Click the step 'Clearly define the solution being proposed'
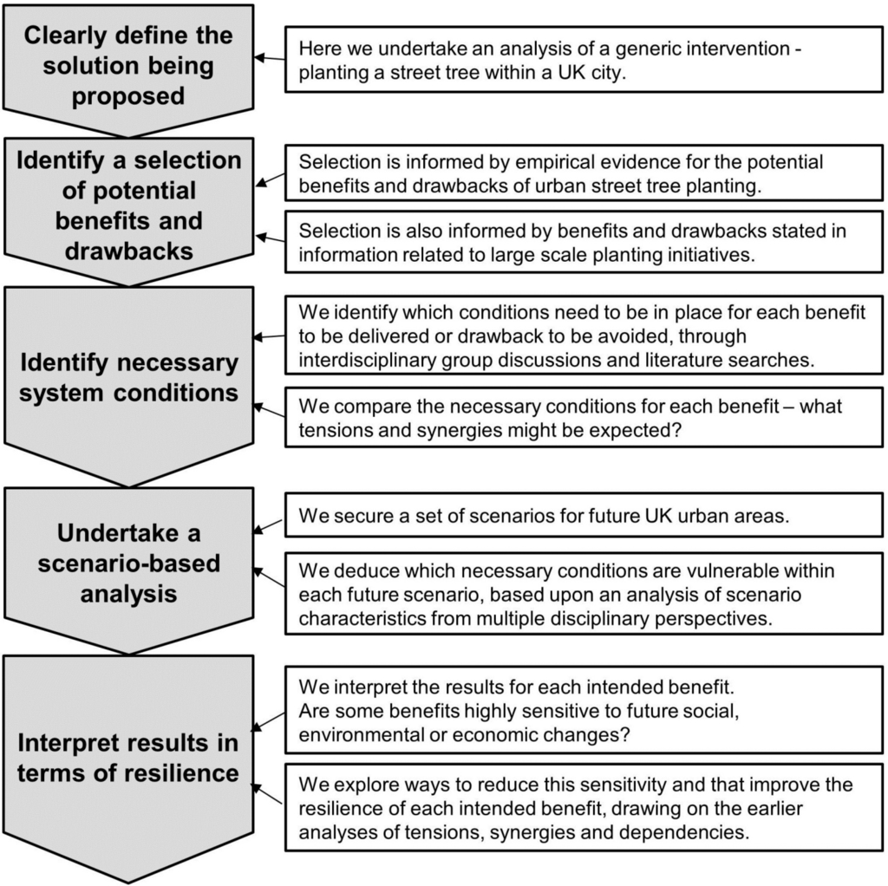(127, 65)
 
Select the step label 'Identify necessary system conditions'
(127, 377)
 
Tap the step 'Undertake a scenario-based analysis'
(127, 563)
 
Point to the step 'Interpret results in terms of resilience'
(127, 757)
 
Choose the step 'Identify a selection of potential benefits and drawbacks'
(127, 205)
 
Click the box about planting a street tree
(584, 61)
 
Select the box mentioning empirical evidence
(584, 173)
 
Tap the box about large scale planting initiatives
(584, 242)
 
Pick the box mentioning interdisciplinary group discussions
(584, 336)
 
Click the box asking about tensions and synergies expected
(584, 417)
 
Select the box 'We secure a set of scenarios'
(584, 515)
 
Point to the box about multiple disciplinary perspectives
(584, 594)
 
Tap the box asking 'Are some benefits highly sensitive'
(584, 709)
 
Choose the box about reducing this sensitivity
(584, 808)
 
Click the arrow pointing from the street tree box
(270, 59)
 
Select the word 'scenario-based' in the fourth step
(127, 564)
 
